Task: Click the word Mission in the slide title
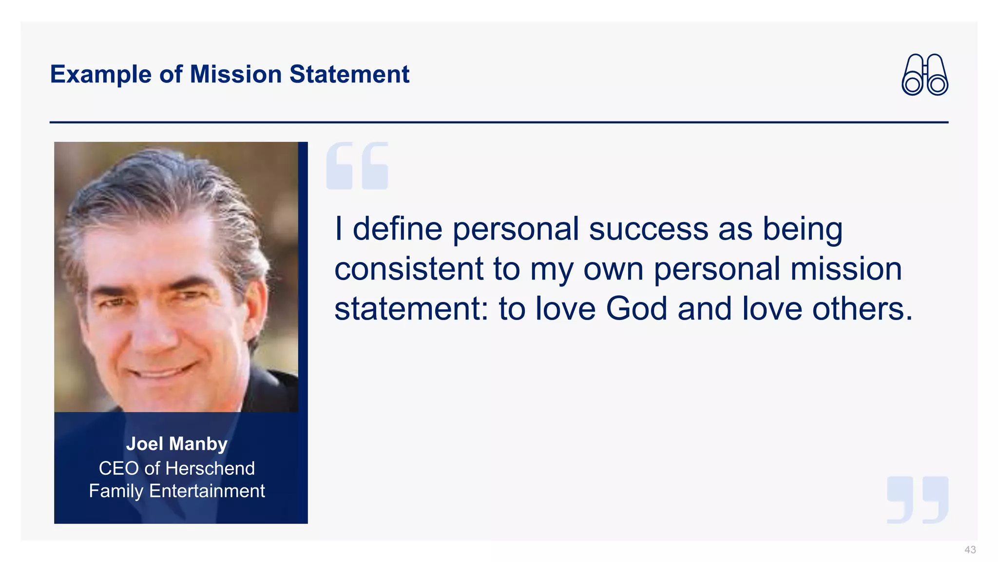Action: click(235, 75)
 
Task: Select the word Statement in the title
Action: click(349, 75)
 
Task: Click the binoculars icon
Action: click(924, 75)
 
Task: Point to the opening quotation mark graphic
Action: click(357, 166)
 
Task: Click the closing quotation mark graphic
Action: click(918, 500)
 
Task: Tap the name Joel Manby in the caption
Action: click(177, 444)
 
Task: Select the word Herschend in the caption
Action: click(210, 468)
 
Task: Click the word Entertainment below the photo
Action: click(207, 491)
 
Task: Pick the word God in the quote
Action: click(636, 309)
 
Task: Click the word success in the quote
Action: click(649, 229)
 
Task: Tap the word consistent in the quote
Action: click(409, 269)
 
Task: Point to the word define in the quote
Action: click(397, 229)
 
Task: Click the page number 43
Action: click(970, 550)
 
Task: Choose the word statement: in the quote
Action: click(411, 309)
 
